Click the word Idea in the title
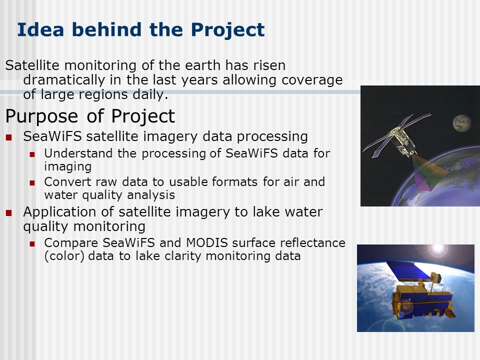tap(40, 29)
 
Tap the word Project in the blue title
tap(228, 30)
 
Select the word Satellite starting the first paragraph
tap(32, 65)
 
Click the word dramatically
tap(64, 80)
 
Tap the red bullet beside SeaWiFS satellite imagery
tap(8, 137)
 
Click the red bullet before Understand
tap(32, 154)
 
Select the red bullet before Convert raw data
tap(32, 183)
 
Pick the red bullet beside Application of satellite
tap(8, 213)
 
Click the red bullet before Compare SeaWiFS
tap(32, 244)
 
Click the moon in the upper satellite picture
tap(462, 123)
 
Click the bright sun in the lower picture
tap(438, 248)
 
